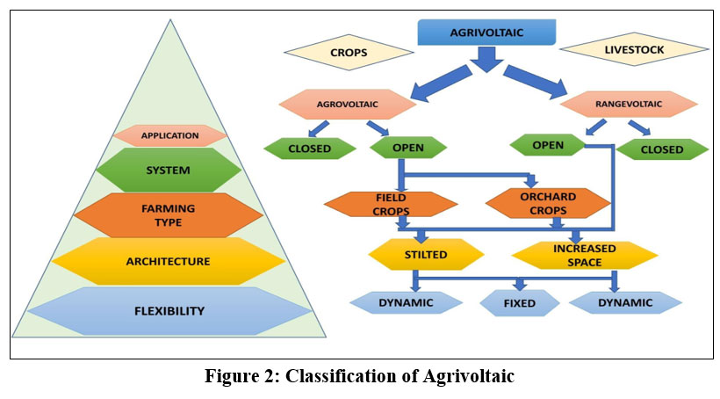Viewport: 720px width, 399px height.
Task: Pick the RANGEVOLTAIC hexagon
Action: tap(629, 103)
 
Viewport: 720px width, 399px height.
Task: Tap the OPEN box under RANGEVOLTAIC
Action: tap(548, 144)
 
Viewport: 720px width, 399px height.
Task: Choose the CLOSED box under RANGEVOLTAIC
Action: tap(661, 149)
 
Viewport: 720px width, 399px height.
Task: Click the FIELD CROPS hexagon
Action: tap(391, 204)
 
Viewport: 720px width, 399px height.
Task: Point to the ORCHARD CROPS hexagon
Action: tap(547, 204)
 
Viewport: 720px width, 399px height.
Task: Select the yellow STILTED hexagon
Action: tap(426, 255)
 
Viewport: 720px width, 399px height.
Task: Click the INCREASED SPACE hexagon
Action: tap(585, 255)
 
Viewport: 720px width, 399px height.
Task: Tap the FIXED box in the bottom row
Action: tap(520, 304)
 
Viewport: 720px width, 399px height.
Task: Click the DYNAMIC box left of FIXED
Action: tap(406, 303)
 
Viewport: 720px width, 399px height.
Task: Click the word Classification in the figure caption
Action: tap(339, 377)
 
